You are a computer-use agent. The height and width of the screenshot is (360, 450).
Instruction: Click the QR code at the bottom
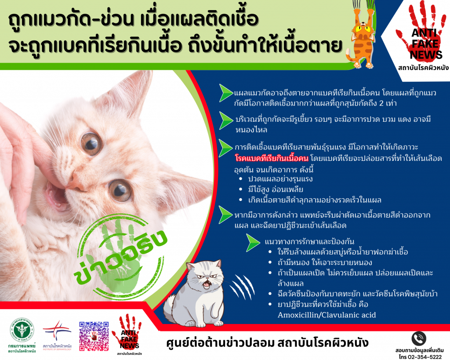(x=94, y=336)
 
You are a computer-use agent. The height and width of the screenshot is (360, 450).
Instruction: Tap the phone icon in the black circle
(x=419, y=339)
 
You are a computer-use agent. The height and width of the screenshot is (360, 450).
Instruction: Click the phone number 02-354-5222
(x=425, y=357)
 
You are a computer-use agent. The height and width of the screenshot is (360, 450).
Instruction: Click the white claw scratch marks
(x=242, y=286)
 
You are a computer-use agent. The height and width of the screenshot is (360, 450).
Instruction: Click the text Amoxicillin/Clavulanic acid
(x=327, y=315)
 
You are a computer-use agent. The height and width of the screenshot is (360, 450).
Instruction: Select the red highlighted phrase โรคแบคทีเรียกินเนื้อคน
(x=272, y=158)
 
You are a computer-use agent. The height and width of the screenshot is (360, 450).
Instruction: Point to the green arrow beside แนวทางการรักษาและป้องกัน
(x=253, y=243)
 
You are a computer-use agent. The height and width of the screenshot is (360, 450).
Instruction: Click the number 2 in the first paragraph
(x=381, y=103)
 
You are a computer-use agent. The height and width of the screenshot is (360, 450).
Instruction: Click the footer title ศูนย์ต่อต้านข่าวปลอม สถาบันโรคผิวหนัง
(x=267, y=343)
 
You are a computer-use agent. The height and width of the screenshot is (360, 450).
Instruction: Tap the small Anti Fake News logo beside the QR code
(x=129, y=335)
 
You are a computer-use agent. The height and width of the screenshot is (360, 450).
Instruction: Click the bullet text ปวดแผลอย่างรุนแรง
(x=280, y=179)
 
